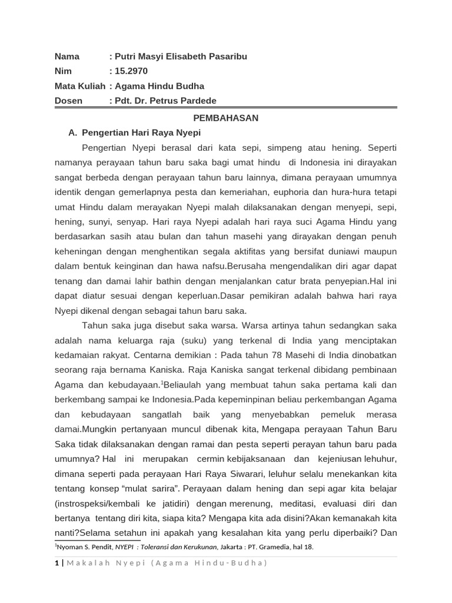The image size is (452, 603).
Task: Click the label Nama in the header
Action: point(67,57)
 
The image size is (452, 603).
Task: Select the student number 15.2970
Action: point(131,71)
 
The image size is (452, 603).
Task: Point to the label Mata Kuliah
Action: point(80,86)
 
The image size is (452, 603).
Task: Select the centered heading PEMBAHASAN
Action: point(226,118)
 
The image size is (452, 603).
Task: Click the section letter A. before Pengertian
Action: point(73,132)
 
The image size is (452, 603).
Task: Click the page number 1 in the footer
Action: point(56,563)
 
